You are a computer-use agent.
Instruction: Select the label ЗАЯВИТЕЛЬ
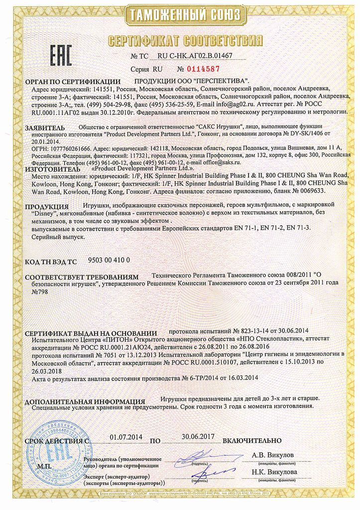click(44, 127)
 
